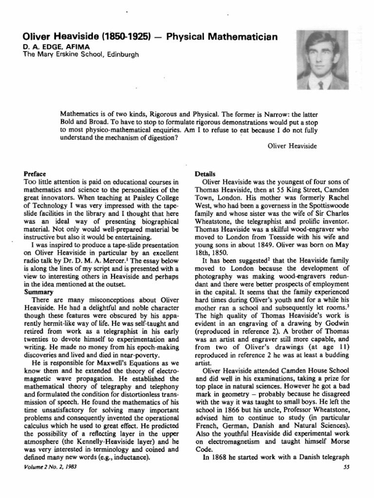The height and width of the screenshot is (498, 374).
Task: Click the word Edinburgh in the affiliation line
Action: [122, 54]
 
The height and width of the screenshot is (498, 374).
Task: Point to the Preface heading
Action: [35, 174]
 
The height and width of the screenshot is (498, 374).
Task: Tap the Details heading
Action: [205, 174]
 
